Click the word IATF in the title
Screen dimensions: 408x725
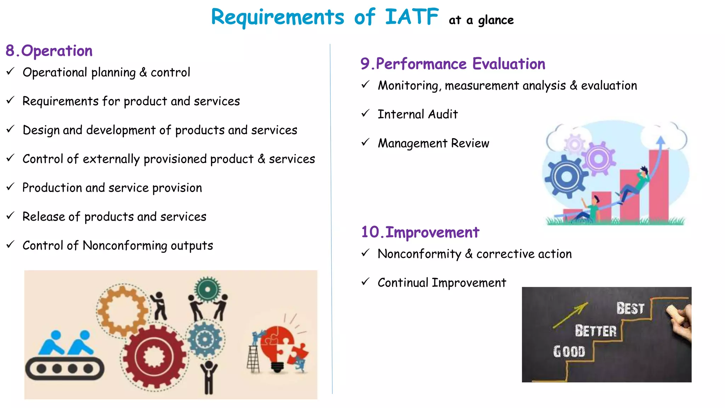pos(412,17)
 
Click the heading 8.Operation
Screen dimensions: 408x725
pos(49,51)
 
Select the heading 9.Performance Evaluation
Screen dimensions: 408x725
pos(453,64)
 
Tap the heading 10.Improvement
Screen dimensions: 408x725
pos(420,232)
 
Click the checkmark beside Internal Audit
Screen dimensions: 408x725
pos(365,114)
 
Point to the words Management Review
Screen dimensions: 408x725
pos(433,143)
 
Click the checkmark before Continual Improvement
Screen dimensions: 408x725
pos(365,282)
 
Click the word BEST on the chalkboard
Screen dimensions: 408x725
pos(630,308)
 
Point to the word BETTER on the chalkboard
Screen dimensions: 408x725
pos(595,331)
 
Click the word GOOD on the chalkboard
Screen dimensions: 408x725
pos(569,351)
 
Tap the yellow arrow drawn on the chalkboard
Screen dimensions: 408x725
pos(570,315)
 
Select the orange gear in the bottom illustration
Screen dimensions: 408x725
pos(122,311)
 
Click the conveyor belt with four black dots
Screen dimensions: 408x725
pos(65,369)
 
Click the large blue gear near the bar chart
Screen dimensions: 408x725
pos(566,176)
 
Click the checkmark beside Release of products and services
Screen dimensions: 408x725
pos(10,216)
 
